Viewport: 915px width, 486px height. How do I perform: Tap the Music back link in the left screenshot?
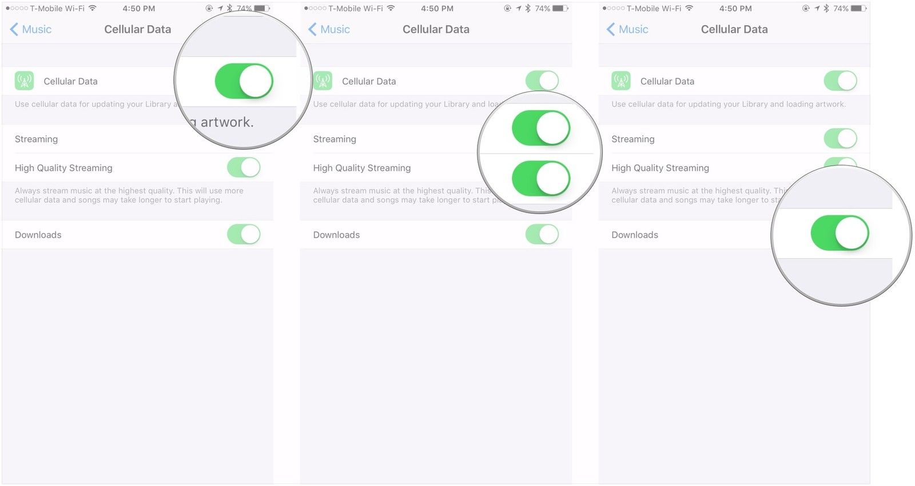[x=31, y=29]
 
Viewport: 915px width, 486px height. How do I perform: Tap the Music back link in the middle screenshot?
[x=329, y=29]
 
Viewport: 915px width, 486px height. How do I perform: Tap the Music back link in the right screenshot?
[x=628, y=29]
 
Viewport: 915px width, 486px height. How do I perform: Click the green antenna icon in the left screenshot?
[x=24, y=81]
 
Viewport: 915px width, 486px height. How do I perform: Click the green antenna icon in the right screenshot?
[x=620, y=81]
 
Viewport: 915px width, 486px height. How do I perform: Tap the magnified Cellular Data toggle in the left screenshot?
[x=244, y=81]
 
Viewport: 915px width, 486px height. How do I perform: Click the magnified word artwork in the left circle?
[x=226, y=122]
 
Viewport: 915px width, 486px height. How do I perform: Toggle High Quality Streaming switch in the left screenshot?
[x=244, y=168]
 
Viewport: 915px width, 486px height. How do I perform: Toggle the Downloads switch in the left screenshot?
[x=244, y=234]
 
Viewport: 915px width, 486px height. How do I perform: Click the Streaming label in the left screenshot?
[x=36, y=139]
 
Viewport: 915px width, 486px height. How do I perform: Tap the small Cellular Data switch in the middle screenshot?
[x=542, y=81]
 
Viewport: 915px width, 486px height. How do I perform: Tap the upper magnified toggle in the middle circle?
[x=541, y=128]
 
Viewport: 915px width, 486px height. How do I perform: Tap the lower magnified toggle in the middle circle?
[x=541, y=179]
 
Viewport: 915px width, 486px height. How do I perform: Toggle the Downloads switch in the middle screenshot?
[x=542, y=234]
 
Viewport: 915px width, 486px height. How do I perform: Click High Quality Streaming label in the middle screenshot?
[x=362, y=168]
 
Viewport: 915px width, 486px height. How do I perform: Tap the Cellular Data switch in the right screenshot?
[x=840, y=81]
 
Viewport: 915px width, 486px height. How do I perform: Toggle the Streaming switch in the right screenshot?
[x=840, y=138]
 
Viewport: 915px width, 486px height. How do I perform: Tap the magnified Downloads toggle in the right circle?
[x=840, y=233]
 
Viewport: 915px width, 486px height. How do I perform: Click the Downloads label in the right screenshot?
[x=635, y=235]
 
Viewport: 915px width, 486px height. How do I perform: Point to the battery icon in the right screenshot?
[x=858, y=9]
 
